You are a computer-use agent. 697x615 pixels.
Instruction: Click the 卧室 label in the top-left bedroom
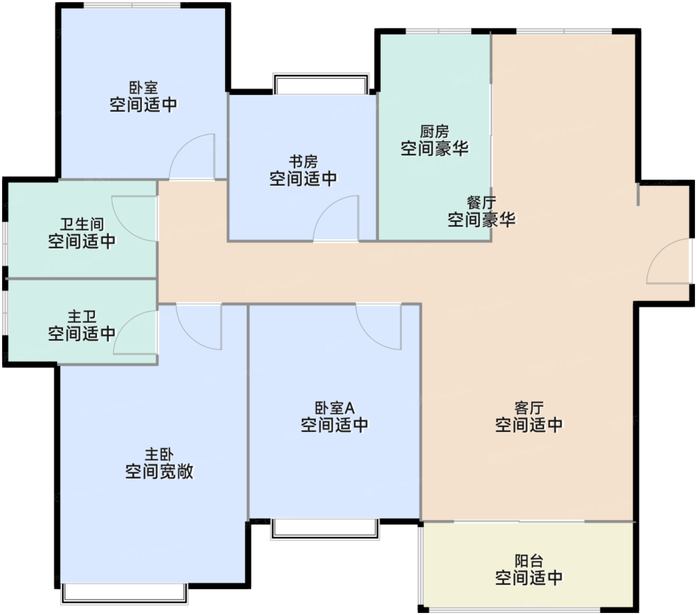click(143, 88)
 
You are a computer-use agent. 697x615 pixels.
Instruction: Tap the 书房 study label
click(303, 162)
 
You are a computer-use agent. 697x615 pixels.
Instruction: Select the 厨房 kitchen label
click(434, 131)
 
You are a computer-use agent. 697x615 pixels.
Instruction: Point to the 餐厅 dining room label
click(481, 203)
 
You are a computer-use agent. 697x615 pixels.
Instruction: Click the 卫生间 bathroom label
click(82, 225)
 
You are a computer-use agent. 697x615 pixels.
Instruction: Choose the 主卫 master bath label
click(82, 317)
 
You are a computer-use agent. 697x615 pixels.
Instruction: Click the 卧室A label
click(335, 408)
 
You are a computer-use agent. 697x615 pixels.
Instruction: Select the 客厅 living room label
click(529, 408)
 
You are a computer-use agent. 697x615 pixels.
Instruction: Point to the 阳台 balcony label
click(529, 561)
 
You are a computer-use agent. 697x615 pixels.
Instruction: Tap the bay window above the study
click(321, 83)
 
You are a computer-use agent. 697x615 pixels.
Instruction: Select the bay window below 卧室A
click(325, 529)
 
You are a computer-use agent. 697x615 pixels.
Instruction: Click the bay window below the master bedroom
click(124, 594)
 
